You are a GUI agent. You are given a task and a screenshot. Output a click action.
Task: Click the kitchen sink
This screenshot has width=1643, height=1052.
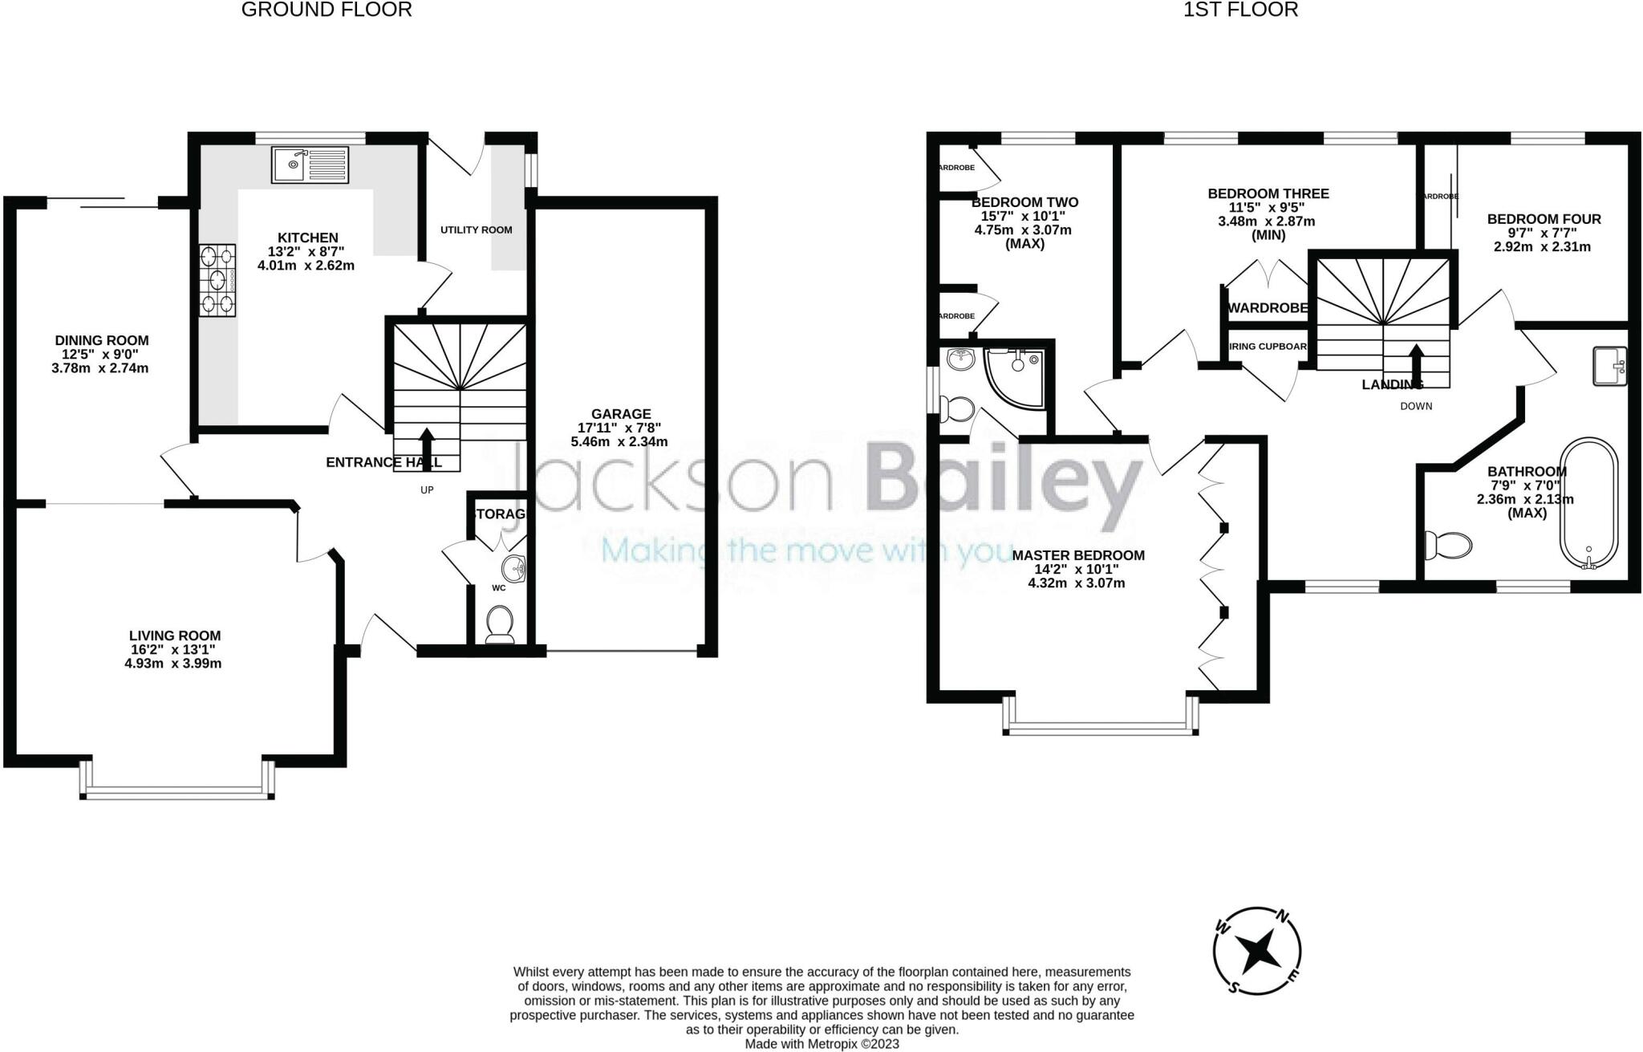click(310, 165)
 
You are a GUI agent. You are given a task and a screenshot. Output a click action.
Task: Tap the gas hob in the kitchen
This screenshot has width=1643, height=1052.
click(217, 281)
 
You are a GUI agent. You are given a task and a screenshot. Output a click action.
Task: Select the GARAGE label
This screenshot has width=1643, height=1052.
click(621, 414)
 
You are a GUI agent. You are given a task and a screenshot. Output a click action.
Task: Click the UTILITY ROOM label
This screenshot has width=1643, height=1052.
click(476, 229)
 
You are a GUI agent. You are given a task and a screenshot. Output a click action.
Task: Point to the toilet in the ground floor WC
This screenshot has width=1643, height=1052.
click(500, 623)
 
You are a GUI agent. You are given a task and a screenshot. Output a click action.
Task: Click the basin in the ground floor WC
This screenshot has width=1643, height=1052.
click(513, 568)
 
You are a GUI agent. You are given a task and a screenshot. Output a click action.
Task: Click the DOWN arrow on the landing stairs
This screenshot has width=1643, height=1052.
click(1416, 366)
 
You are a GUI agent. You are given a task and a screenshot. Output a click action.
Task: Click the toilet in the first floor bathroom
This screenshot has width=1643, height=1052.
click(1449, 546)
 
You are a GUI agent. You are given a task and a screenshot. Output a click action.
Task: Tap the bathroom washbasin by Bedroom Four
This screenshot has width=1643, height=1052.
click(1609, 366)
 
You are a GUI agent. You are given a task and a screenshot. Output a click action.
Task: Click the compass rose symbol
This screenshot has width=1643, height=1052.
click(1256, 952)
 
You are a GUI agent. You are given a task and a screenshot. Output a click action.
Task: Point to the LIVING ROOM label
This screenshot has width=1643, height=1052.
click(174, 636)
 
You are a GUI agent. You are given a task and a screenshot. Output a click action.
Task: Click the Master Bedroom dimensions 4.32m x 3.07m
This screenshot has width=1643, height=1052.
click(1076, 583)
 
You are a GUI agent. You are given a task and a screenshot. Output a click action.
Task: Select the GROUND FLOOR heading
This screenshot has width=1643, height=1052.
click(327, 10)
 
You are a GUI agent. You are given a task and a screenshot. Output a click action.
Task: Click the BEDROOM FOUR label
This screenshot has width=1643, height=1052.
click(1544, 219)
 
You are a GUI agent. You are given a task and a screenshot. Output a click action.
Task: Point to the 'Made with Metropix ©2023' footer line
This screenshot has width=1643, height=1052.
click(821, 1044)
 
